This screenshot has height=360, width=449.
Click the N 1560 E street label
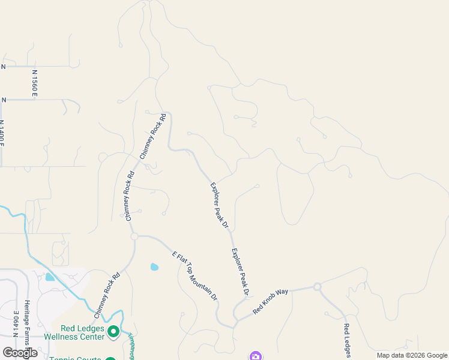[35, 83]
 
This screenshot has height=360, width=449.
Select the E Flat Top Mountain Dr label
[194, 275]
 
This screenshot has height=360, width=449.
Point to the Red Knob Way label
[271, 301]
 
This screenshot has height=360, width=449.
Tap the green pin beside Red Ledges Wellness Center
[113, 331]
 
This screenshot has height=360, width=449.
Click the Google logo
[20, 353]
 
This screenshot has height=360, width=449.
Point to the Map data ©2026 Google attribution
[411, 355]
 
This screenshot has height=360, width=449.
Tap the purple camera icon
[256, 356]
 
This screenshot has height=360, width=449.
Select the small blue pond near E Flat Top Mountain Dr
[154, 267]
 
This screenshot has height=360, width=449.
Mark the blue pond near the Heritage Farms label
[49, 277]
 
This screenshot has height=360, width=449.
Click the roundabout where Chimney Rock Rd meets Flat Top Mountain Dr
[134, 236]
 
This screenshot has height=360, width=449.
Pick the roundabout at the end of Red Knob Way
[318, 287]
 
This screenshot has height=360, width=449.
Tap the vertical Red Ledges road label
[346, 340]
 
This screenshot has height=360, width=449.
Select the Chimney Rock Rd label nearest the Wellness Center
[107, 295]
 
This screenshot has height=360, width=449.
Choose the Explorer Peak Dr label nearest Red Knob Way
[240, 273]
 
